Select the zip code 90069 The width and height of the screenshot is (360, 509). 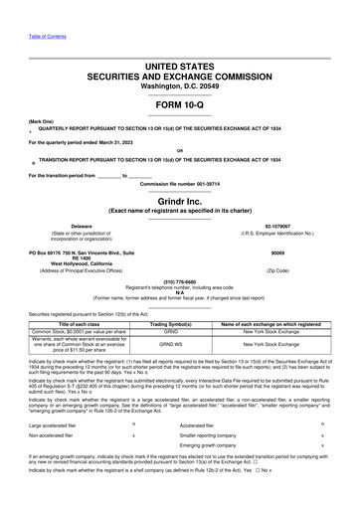298,253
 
